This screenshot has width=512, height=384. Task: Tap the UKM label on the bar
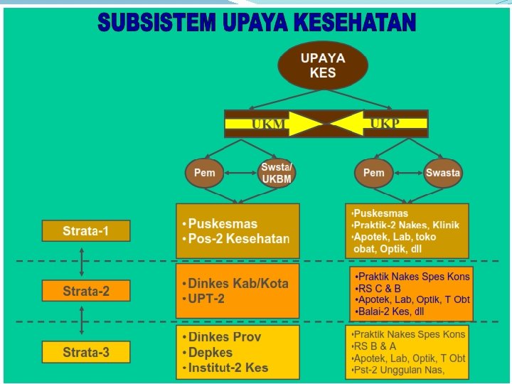click(x=269, y=124)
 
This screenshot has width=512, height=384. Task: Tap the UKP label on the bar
click(x=385, y=124)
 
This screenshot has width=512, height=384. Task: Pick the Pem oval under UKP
click(x=373, y=173)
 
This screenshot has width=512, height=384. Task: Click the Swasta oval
click(x=443, y=173)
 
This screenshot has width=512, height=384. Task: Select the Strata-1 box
click(x=85, y=230)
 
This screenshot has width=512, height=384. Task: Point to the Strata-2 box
click(x=85, y=291)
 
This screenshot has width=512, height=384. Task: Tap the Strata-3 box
click(x=85, y=352)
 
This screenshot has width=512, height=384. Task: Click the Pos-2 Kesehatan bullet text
click(x=239, y=239)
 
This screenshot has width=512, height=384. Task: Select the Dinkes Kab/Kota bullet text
click(x=238, y=283)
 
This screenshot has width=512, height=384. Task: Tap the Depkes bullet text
click(x=210, y=353)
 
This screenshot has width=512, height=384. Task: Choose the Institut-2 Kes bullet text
click(x=228, y=368)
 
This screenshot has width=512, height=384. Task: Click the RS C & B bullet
click(x=380, y=289)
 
